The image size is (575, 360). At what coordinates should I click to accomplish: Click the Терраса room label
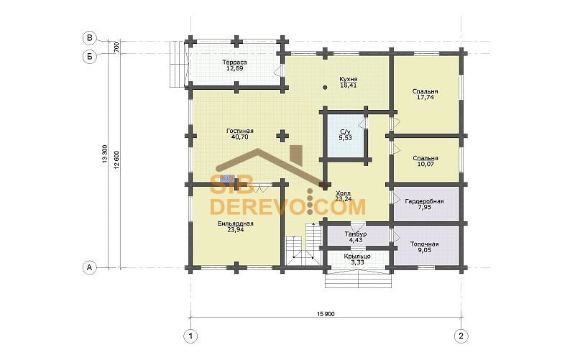pyautogui.click(x=234, y=65)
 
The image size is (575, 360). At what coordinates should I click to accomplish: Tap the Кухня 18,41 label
pyautogui.click(x=348, y=82)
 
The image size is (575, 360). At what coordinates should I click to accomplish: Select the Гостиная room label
pyautogui.click(x=240, y=134)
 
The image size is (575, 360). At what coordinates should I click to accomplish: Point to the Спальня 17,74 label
pyautogui.click(x=425, y=94)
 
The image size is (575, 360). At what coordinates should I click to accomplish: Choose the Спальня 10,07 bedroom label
pyautogui.click(x=425, y=161)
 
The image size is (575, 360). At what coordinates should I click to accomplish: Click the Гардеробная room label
pyautogui.click(x=424, y=204)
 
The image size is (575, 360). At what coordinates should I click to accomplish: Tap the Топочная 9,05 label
pyautogui.click(x=424, y=247)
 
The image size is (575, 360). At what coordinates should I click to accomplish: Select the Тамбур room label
pyautogui.click(x=355, y=237)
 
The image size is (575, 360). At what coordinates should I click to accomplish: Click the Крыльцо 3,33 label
pyautogui.click(x=357, y=259)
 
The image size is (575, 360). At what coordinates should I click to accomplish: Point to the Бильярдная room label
pyautogui.click(x=235, y=226)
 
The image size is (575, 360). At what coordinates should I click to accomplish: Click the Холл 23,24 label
pyautogui.click(x=344, y=196)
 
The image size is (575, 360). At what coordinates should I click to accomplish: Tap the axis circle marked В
pyautogui.click(x=89, y=38)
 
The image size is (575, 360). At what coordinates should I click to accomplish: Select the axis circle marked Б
pyautogui.click(x=89, y=57)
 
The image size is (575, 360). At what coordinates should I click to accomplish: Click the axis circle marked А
pyautogui.click(x=89, y=267)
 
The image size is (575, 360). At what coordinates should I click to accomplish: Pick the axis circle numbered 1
pyautogui.click(x=190, y=336)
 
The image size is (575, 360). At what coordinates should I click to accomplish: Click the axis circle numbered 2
pyautogui.click(x=461, y=336)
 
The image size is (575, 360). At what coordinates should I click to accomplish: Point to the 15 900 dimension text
pyautogui.click(x=326, y=314)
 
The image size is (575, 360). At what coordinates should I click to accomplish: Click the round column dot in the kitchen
pyautogui.click(x=325, y=87)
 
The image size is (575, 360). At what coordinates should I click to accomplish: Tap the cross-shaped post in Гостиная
pyautogui.click(x=282, y=136)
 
